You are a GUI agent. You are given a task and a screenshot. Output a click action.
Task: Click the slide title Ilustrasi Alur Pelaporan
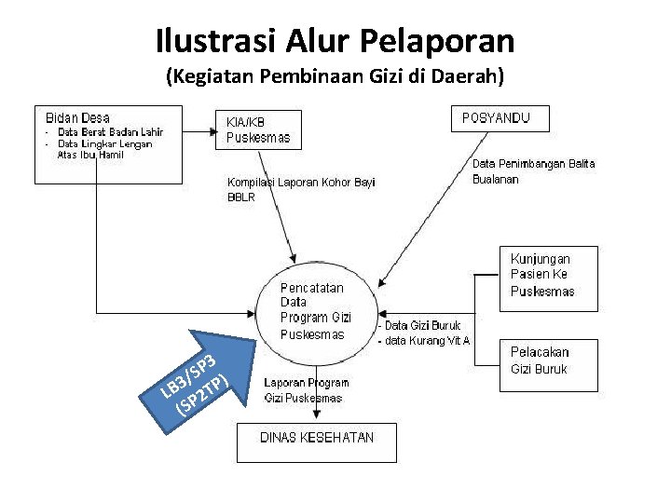[x=335, y=40]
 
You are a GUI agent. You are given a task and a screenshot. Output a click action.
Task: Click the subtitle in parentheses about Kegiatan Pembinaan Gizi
[x=335, y=76]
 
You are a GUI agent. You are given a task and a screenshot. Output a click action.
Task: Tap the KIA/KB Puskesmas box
[x=260, y=130]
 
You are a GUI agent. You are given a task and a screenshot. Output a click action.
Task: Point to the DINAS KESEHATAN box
[x=316, y=442]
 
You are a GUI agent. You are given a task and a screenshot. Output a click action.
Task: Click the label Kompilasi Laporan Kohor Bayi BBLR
[x=301, y=189]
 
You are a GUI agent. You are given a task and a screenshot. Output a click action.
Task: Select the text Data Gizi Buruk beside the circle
[x=424, y=325]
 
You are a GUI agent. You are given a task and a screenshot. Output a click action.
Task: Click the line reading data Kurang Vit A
[x=425, y=340]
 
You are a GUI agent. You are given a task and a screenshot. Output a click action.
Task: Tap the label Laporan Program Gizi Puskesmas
[x=306, y=390]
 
